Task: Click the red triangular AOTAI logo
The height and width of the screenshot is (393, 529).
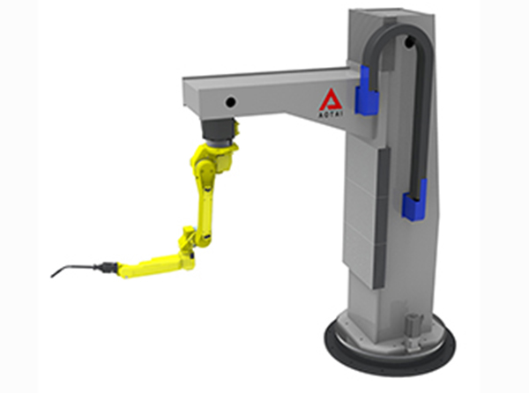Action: pyautogui.click(x=332, y=100)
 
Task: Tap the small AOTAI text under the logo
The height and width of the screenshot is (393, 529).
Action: pyautogui.click(x=331, y=115)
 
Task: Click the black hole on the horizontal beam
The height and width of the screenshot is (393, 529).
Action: pyautogui.click(x=231, y=102)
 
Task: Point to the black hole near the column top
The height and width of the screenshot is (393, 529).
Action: pyautogui.click(x=410, y=41)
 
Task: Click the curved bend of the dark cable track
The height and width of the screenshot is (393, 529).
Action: pyautogui.click(x=399, y=29)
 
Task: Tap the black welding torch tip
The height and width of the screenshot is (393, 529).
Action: pyautogui.click(x=53, y=275)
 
